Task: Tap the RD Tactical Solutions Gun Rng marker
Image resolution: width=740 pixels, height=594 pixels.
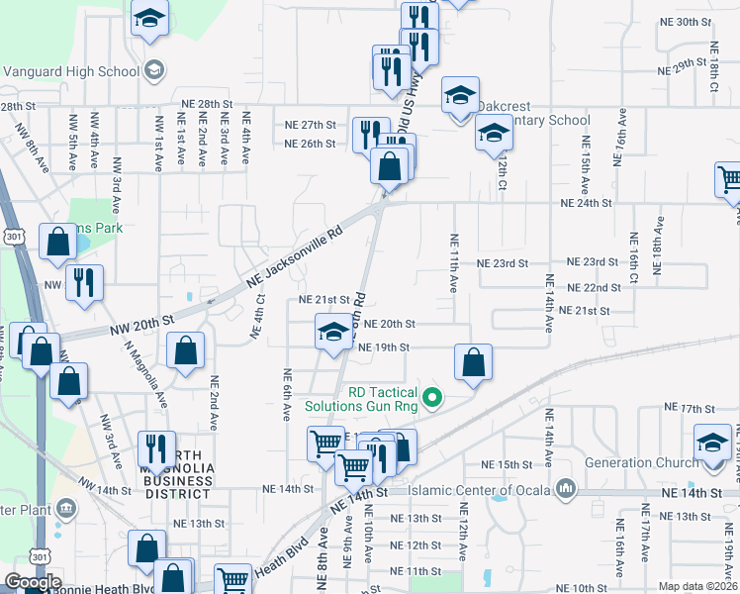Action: pos(431,399)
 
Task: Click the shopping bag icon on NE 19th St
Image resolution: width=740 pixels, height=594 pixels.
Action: pos(474,362)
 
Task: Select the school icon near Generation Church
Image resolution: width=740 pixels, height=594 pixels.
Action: pos(711,442)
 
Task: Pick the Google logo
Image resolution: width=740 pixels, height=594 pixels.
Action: pos(34,581)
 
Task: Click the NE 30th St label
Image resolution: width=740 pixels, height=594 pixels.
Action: pos(687,22)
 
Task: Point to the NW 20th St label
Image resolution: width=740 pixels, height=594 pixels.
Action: pos(141,322)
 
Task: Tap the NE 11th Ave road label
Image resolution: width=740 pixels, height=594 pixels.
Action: pos(453,262)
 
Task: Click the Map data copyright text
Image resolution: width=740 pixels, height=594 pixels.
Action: pos(698,586)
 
